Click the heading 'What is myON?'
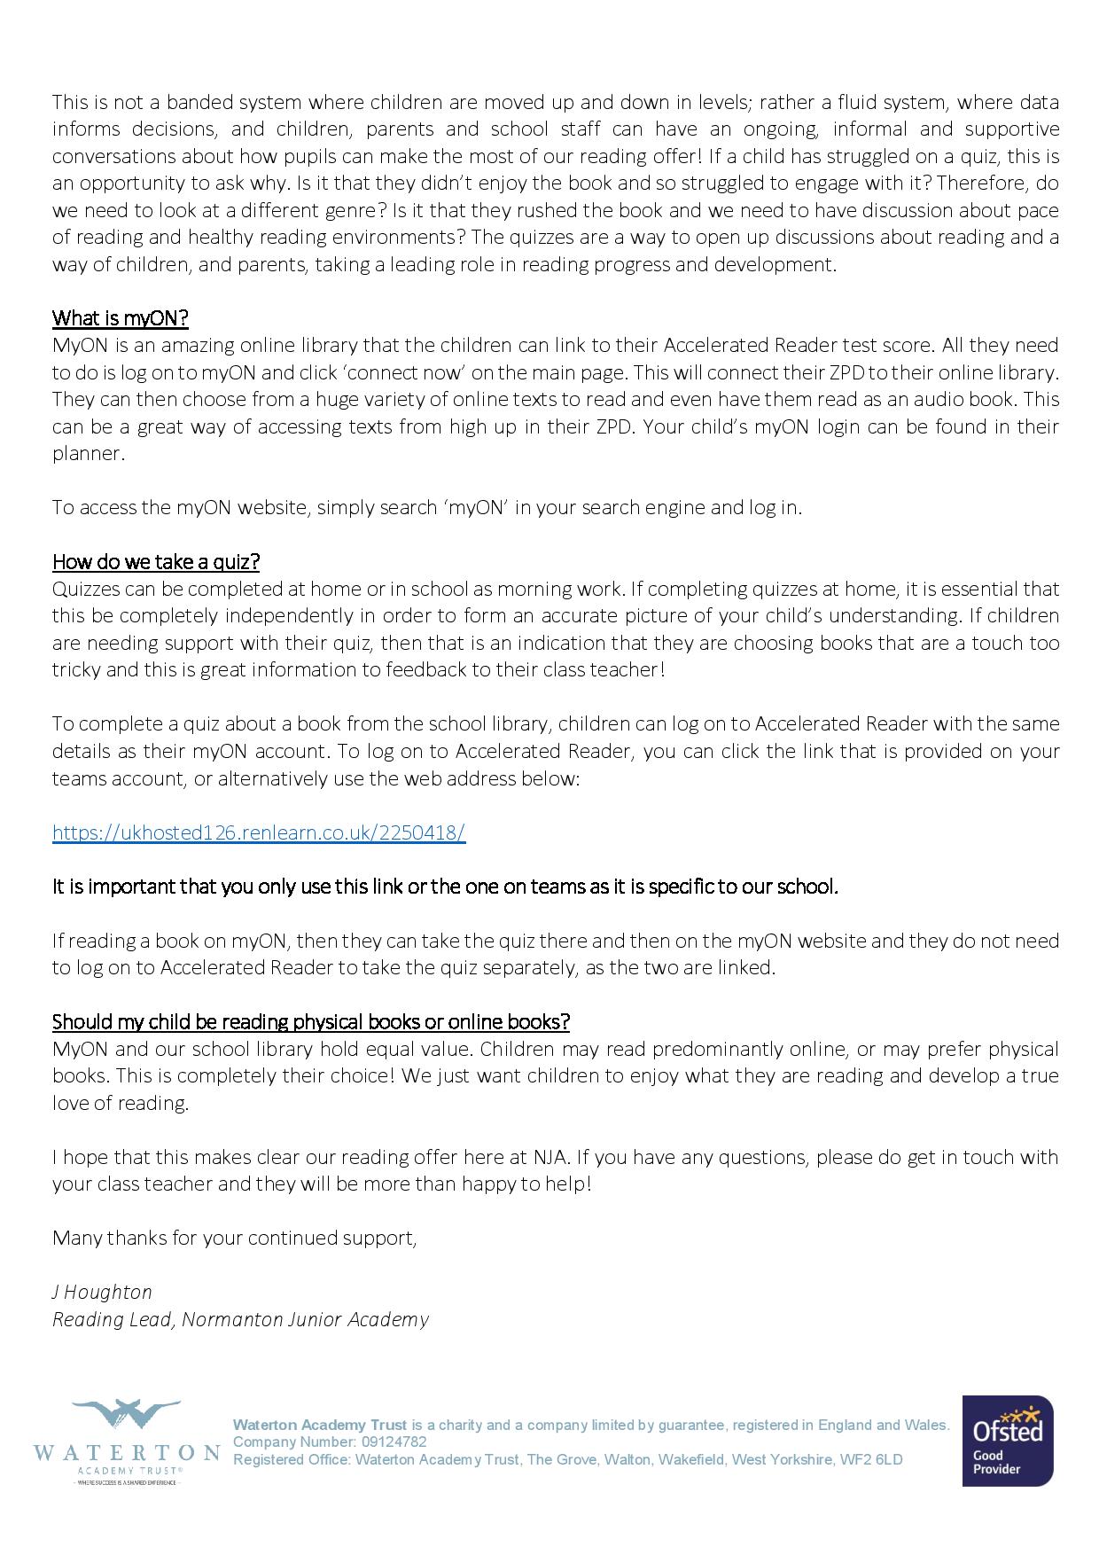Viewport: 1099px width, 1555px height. click(120, 318)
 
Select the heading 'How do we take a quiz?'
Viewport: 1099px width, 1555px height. click(155, 562)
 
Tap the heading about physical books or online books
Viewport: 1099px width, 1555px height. click(310, 1022)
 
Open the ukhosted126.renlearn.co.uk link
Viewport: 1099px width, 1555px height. click(258, 832)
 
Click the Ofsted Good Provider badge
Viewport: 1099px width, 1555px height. click(1008, 1440)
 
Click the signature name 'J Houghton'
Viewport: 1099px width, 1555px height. click(102, 1293)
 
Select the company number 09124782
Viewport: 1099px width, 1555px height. click(394, 1442)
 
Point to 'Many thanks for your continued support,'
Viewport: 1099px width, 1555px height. click(234, 1238)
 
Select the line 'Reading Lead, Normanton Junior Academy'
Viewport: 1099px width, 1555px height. click(240, 1320)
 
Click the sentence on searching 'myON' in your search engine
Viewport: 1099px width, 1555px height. click(426, 508)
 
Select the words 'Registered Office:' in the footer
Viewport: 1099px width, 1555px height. click(292, 1459)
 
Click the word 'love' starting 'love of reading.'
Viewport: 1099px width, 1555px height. click(71, 1104)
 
